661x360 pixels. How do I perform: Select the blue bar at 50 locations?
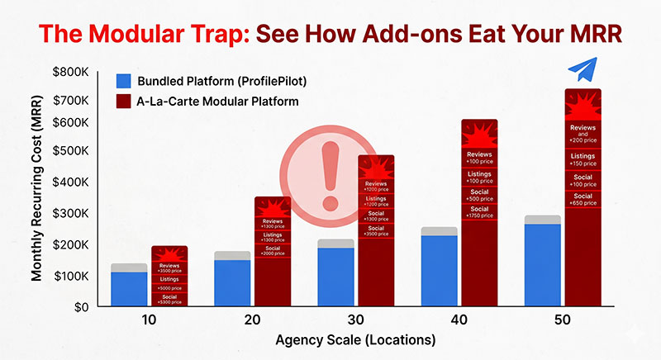click(542, 264)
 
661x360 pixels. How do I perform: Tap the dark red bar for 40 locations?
click(479, 248)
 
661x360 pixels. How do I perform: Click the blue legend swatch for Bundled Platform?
click(124, 81)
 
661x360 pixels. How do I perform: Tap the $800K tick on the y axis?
click(68, 72)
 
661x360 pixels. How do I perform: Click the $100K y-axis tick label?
click(68, 275)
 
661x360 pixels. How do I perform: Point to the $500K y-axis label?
click(68, 152)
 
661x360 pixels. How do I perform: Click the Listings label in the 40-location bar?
click(479, 174)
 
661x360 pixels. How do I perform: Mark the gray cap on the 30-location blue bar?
click(335, 244)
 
